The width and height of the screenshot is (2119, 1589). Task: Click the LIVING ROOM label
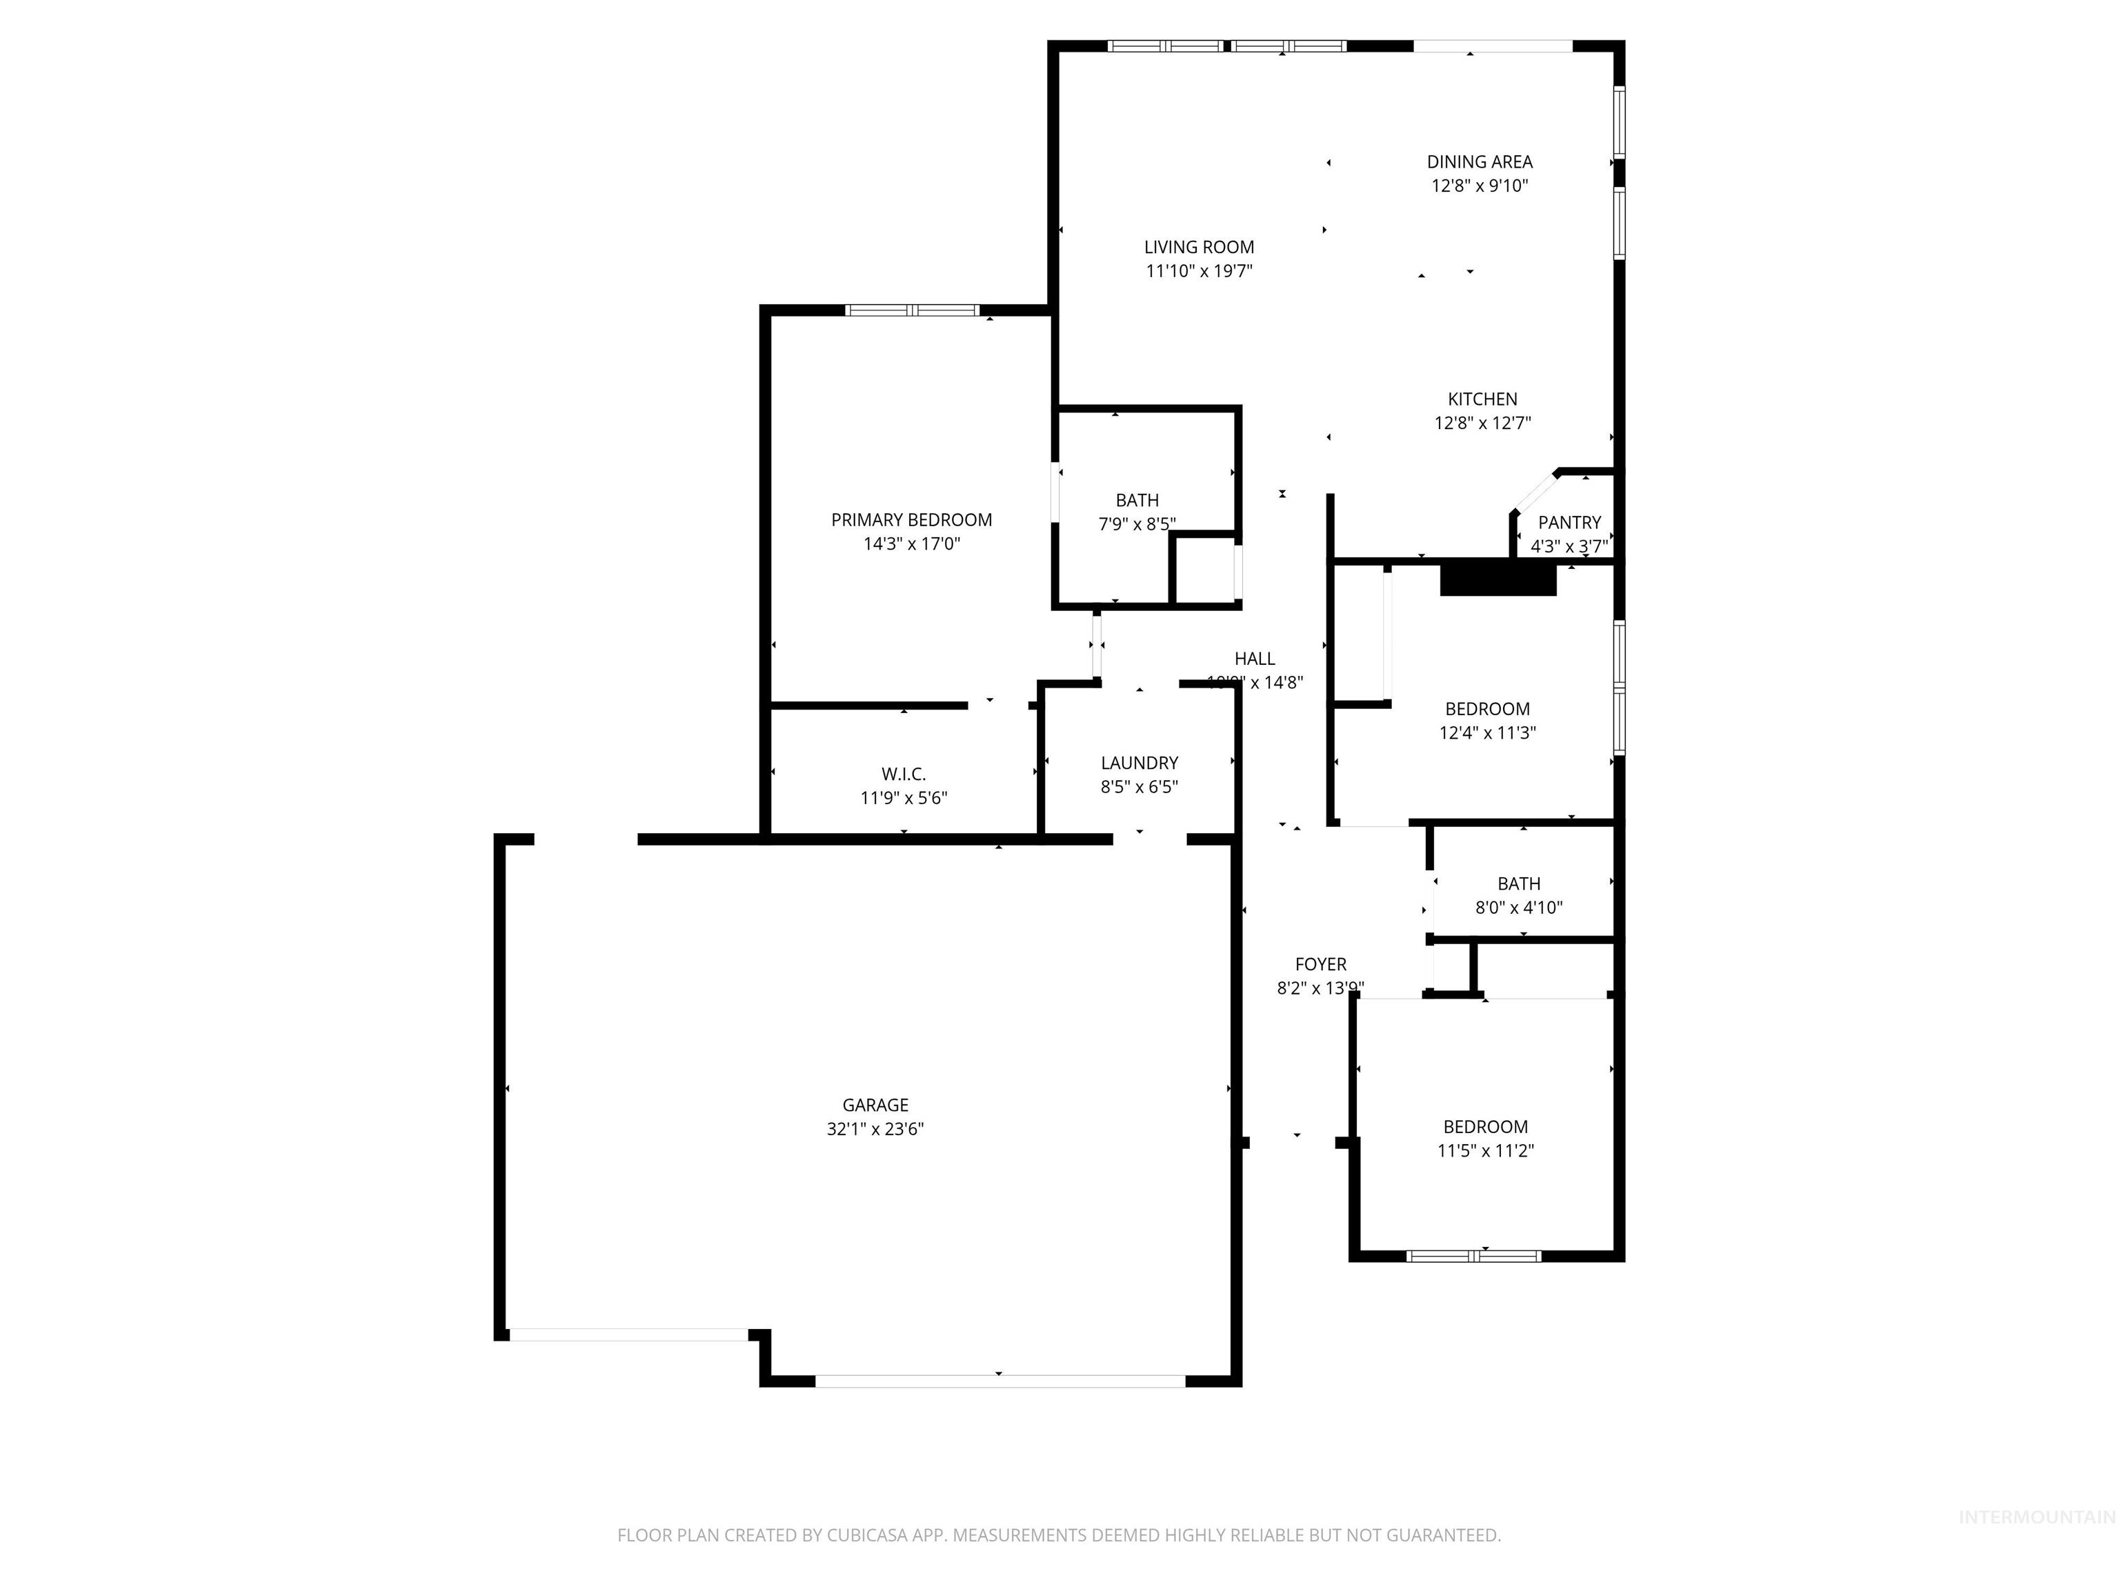pyautogui.click(x=1198, y=247)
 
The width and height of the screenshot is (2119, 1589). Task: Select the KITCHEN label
pyautogui.click(x=1482, y=399)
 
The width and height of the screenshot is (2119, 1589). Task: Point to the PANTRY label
pyautogui.click(x=1569, y=522)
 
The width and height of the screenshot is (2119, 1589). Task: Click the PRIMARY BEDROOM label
pyautogui.click(x=911, y=520)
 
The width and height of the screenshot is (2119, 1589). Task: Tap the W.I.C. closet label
pyautogui.click(x=904, y=774)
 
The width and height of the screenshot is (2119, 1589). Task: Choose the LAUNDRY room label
pyautogui.click(x=1139, y=762)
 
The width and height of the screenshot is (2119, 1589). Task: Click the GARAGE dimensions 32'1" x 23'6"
pyautogui.click(x=875, y=1128)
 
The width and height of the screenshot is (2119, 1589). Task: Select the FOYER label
pyautogui.click(x=1320, y=965)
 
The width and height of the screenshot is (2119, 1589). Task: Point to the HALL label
pyautogui.click(x=1254, y=658)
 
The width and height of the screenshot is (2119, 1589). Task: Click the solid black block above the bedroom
pyautogui.click(x=1498, y=579)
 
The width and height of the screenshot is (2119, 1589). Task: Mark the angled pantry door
pyautogui.click(x=1535, y=493)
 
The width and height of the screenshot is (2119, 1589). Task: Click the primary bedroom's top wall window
pyautogui.click(x=912, y=310)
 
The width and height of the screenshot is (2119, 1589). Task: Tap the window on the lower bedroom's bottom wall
pyautogui.click(x=1473, y=1256)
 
